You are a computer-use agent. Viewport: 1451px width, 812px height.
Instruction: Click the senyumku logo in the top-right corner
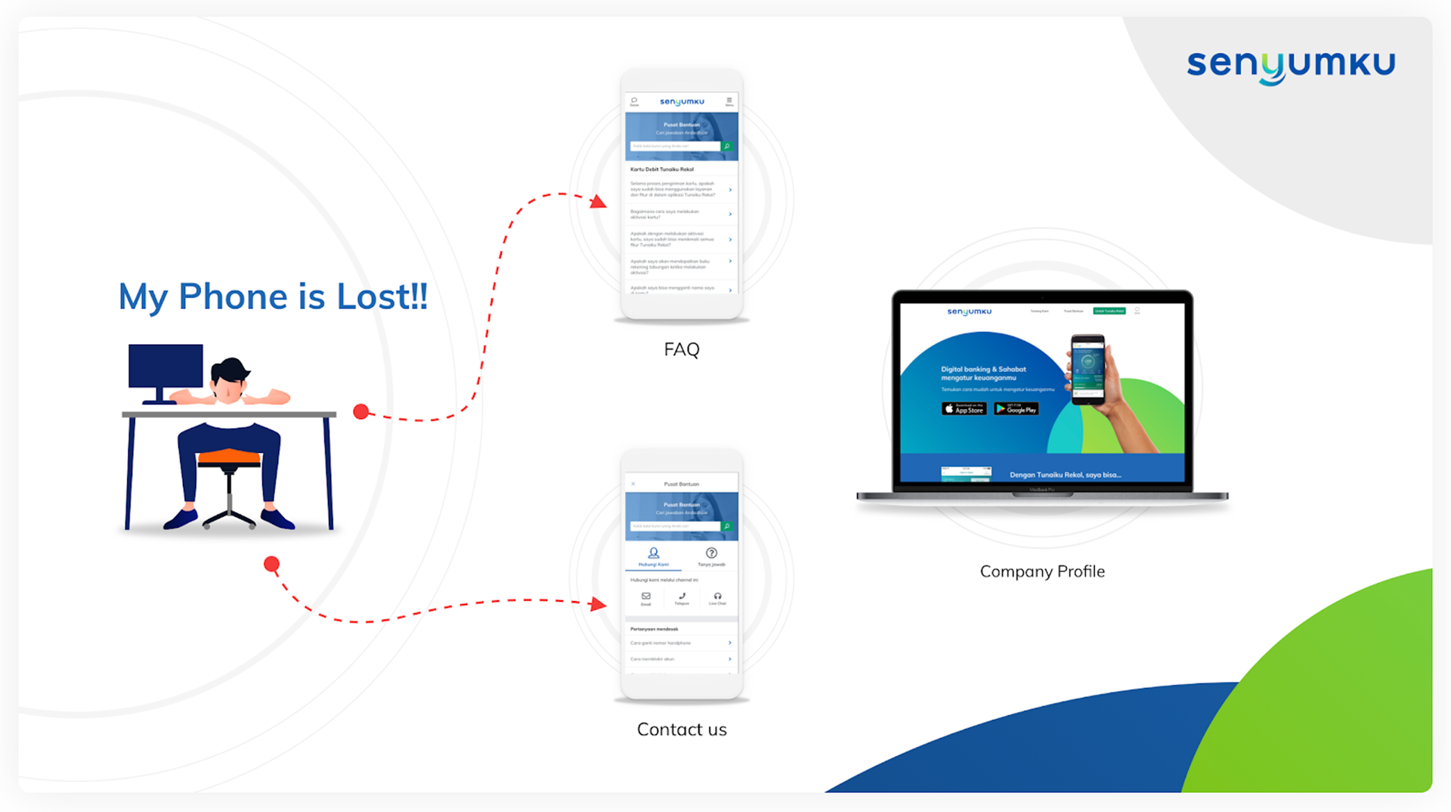coord(1290,66)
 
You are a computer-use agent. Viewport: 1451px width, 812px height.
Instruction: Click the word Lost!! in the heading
coord(382,296)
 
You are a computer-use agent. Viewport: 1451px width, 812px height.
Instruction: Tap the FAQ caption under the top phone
coord(682,349)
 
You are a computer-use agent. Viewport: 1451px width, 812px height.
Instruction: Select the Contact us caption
coord(682,730)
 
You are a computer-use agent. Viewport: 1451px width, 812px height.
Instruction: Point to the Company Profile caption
coord(1042,572)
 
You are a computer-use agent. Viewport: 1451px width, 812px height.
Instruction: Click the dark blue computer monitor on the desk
coord(166,366)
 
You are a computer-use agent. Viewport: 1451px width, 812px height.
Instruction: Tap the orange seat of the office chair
coord(228,456)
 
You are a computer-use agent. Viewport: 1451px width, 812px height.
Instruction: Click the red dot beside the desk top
coord(361,412)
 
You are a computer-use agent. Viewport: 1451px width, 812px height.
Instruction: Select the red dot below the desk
coord(272,564)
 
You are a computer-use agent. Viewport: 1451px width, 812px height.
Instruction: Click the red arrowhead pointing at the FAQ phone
coord(599,202)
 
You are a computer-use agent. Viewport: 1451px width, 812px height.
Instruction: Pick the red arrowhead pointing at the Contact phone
coord(599,604)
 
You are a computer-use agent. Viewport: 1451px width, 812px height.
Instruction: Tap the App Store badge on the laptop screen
coord(964,409)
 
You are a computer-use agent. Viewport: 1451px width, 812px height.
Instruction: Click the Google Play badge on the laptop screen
coord(1016,409)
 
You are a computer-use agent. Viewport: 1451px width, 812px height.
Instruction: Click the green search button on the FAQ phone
coord(727,147)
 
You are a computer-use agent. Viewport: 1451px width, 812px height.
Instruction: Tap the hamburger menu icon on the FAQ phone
coord(729,101)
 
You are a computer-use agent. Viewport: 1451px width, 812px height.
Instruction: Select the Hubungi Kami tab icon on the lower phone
coord(654,553)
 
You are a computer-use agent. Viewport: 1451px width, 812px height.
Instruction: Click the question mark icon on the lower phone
coord(711,553)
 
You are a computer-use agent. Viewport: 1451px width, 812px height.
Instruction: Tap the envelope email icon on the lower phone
coord(646,597)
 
